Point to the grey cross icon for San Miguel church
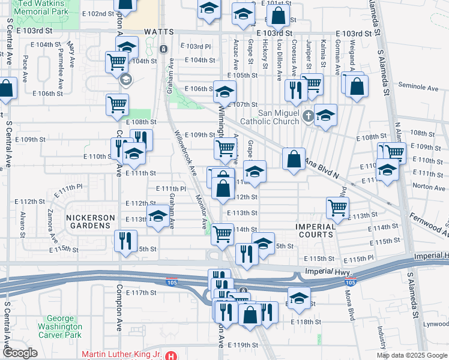coord(308,116)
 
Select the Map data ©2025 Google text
coord(411,355)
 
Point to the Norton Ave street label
coord(429,187)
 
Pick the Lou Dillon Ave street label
coord(280,61)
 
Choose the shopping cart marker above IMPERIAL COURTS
coord(338,207)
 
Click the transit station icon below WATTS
coord(163,49)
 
